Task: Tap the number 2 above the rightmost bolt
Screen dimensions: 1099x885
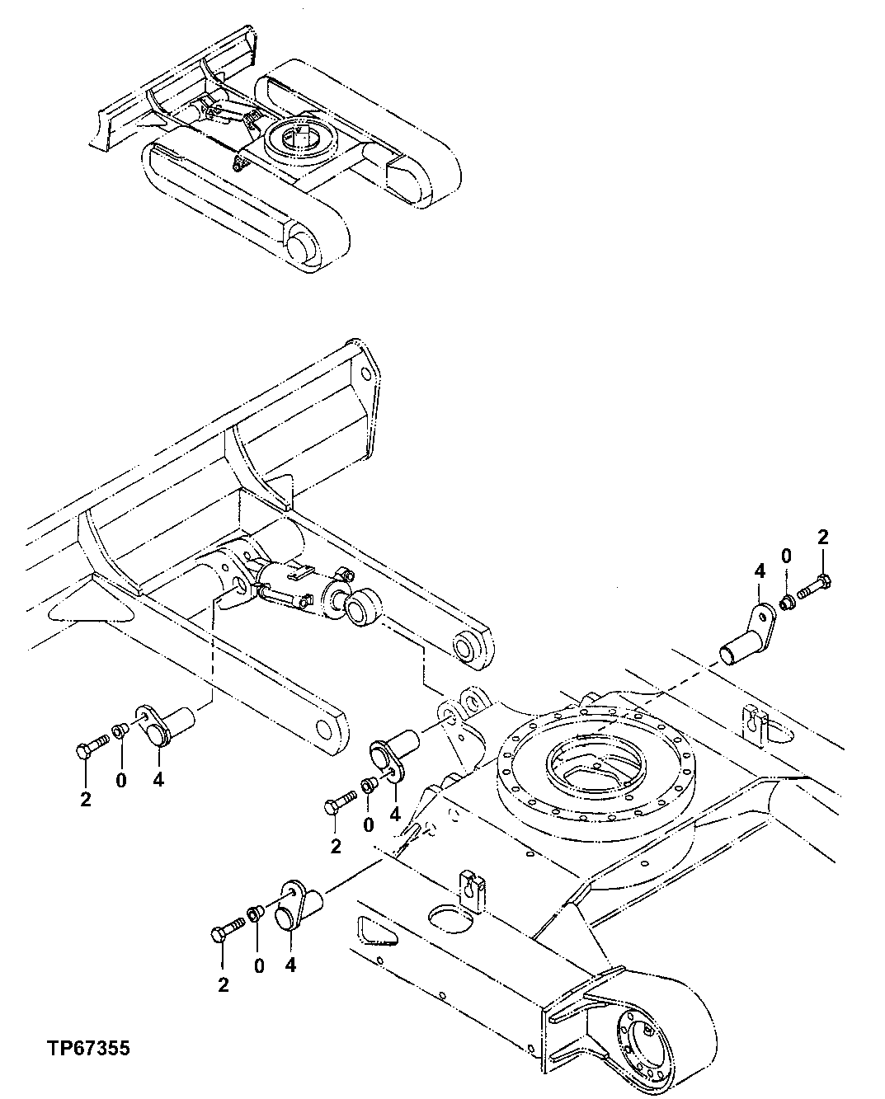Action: pos(821,537)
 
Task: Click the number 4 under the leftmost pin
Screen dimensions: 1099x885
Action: pos(158,779)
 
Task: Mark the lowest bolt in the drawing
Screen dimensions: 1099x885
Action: pos(228,932)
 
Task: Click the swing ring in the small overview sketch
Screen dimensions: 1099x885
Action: pos(299,139)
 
